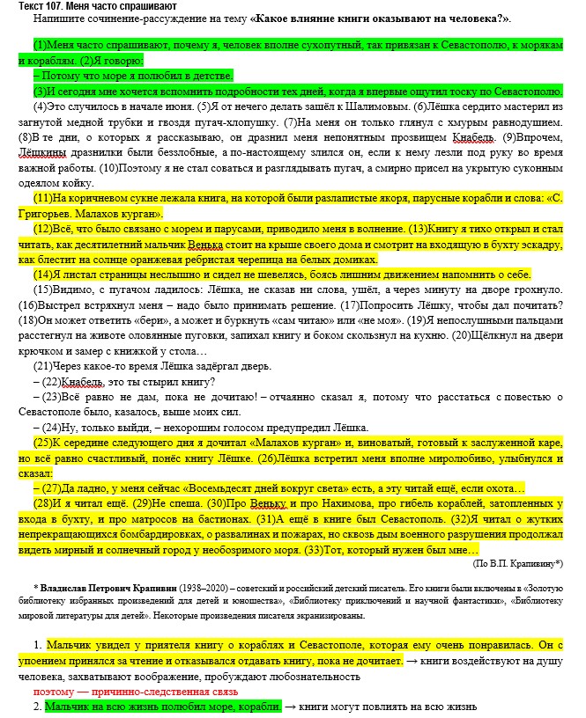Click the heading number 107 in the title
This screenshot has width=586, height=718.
49,6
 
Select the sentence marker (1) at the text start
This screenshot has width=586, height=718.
41,44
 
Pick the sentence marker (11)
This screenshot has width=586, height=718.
43,198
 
